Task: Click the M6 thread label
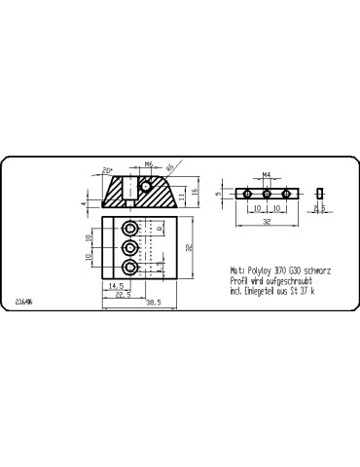149,164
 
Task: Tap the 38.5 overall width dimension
153,303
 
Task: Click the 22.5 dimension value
122,295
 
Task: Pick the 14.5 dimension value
116,286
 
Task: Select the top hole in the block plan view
130,228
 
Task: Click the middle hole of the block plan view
130,247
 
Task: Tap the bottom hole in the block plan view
130,267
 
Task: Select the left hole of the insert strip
248,195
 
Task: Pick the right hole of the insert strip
286,195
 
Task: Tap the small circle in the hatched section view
147,184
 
